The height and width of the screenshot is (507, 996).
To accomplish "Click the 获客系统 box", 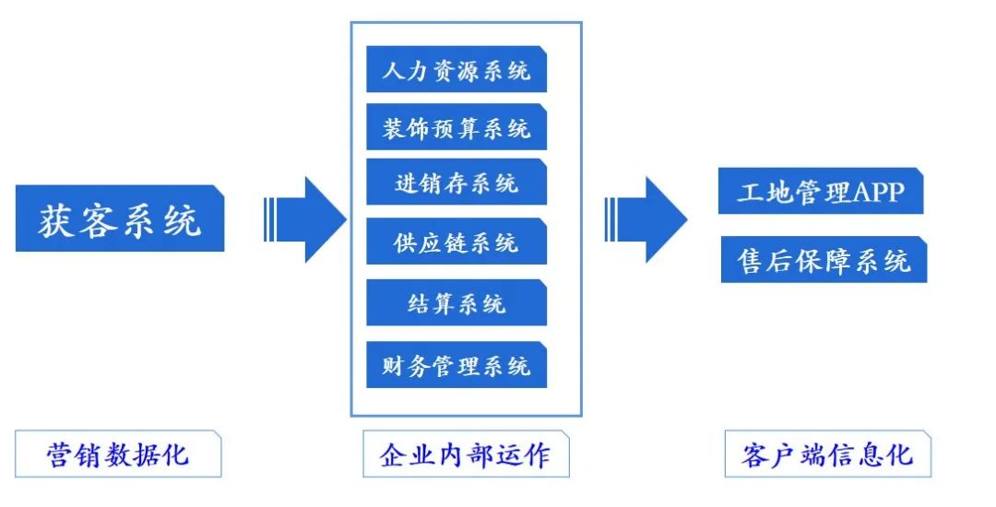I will (x=120, y=218).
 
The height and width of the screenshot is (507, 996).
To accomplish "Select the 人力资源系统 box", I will (x=456, y=69).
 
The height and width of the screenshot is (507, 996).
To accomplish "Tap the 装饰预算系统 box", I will (x=456, y=127).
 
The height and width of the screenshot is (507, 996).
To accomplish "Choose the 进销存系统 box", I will (x=456, y=183).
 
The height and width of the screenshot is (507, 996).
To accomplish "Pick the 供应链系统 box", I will (x=456, y=242).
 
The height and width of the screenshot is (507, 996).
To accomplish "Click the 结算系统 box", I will (x=456, y=302).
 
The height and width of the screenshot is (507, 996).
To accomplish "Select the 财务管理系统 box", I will (x=456, y=365).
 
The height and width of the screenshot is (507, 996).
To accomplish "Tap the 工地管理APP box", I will (x=821, y=192).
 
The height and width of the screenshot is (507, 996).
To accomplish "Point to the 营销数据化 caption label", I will (x=118, y=454).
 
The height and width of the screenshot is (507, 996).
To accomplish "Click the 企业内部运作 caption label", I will (x=466, y=454).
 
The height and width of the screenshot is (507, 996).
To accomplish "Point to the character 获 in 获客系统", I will (x=57, y=219).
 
